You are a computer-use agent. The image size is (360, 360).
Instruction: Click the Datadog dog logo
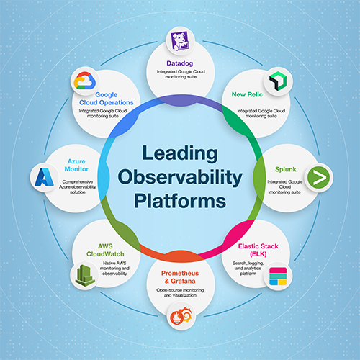coord(179,41)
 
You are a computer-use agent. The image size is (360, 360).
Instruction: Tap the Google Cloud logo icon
coord(84,81)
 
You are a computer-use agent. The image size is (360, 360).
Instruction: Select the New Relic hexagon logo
coord(278,81)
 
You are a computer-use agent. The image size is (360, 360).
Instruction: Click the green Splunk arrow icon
coord(318,178)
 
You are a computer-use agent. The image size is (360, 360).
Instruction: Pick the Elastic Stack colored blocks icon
coord(278,276)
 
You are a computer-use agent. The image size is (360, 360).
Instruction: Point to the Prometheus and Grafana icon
coord(181,316)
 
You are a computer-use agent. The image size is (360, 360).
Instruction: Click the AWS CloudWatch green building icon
coord(85,275)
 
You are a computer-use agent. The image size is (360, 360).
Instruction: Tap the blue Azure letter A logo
coord(44,177)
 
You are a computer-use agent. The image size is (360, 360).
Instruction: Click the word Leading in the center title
coord(180,154)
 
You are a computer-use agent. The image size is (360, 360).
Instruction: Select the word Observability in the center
coord(180,178)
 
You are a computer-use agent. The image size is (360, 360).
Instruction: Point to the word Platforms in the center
coord(180,201)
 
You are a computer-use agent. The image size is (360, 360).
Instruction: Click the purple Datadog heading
coord(180,63)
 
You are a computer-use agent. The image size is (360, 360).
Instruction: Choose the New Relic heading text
coord(247,94)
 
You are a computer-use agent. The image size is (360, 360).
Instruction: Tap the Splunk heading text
coord(286,169)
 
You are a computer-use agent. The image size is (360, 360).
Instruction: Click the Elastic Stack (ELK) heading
coord(258,250)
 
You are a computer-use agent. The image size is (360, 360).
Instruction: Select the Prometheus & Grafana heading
coord(180,277)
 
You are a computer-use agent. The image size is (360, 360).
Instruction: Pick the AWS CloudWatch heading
coord(105,250)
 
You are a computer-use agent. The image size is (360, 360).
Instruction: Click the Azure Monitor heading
coord(76,165)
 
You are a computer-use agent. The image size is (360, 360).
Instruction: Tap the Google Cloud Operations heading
coord(107,99)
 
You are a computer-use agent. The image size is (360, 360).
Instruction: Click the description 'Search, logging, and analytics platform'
coord(248,269)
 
